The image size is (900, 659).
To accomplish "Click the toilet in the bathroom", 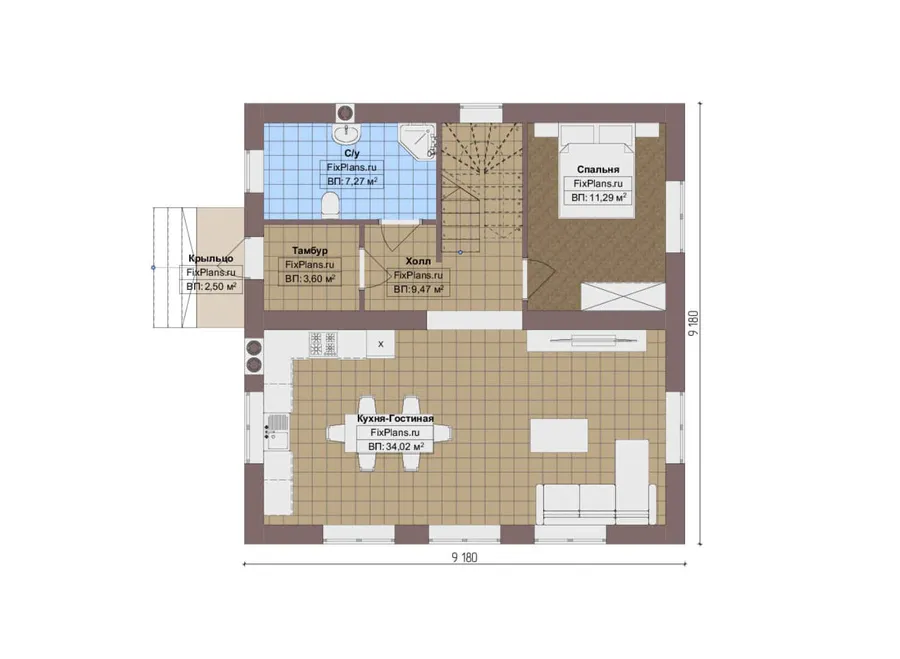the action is point(330,205).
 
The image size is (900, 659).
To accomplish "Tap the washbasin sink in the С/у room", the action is point(346,133).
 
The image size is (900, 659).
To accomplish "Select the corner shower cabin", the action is point(417,141).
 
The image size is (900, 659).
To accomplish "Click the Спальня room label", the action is point(598,169).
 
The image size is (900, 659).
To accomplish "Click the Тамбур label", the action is point(310,251).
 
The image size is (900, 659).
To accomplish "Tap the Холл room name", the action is point(418,261).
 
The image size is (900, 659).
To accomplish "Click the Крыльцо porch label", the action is point(211,259).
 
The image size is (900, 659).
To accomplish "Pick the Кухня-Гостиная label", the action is point(395,419).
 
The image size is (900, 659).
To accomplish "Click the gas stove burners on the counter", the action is point(323,344).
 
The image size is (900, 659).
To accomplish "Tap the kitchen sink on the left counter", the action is point(277,432).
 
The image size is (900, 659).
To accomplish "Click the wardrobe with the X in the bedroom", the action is point(623,297).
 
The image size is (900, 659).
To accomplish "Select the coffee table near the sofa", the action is point(559,436).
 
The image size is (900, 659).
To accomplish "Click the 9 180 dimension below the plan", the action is point(464,557).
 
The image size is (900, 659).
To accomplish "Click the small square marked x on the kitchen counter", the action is point(381,344).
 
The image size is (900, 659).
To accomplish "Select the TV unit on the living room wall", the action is point(586,341).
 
